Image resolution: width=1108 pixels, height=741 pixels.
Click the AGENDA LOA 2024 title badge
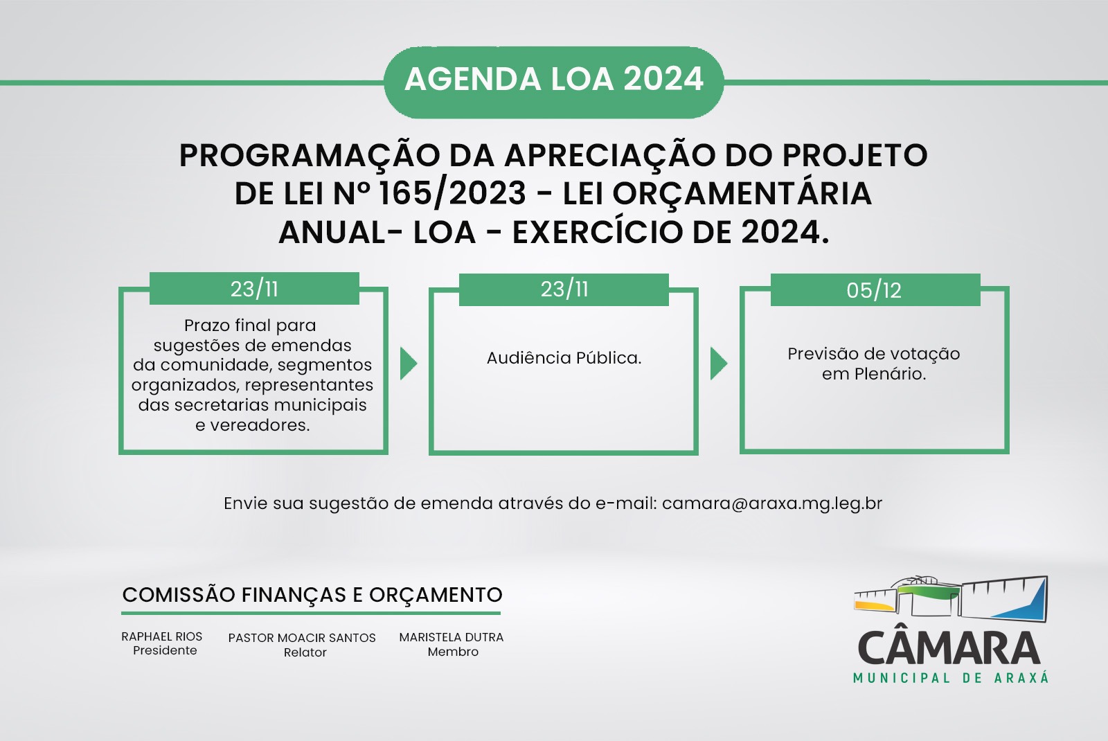554,82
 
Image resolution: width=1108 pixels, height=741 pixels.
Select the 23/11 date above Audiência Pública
564,289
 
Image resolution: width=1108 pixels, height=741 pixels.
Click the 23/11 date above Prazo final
254,288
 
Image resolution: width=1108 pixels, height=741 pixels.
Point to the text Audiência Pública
564,357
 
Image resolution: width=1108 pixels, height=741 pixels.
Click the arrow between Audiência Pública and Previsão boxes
719,363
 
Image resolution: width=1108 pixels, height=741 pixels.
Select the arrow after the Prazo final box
409,363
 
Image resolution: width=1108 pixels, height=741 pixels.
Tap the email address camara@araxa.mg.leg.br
772,503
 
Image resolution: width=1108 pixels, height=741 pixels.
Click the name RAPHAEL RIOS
162,636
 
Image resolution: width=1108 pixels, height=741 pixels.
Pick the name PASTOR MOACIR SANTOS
302,638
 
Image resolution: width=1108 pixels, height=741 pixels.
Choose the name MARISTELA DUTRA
451,637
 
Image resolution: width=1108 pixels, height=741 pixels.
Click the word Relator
305,652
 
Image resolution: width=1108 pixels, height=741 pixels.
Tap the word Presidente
165,650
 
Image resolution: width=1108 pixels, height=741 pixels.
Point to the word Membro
453,652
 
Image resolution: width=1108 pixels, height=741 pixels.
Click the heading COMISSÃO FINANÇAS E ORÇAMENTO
312,595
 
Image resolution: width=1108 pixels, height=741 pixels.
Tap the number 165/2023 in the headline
451,193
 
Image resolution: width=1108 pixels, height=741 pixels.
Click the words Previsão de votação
874,354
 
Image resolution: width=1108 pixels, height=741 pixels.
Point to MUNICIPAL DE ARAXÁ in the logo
951,678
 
